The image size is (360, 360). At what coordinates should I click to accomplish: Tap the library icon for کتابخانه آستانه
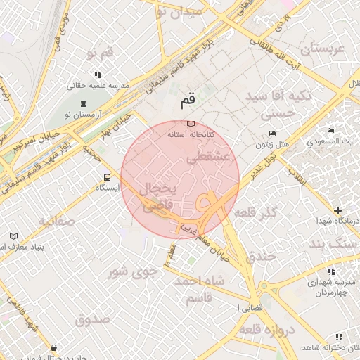coord(191,124)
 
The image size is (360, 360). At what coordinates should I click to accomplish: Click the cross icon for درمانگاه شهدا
coord(338,210)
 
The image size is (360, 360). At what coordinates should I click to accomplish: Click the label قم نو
coord(99,53)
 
